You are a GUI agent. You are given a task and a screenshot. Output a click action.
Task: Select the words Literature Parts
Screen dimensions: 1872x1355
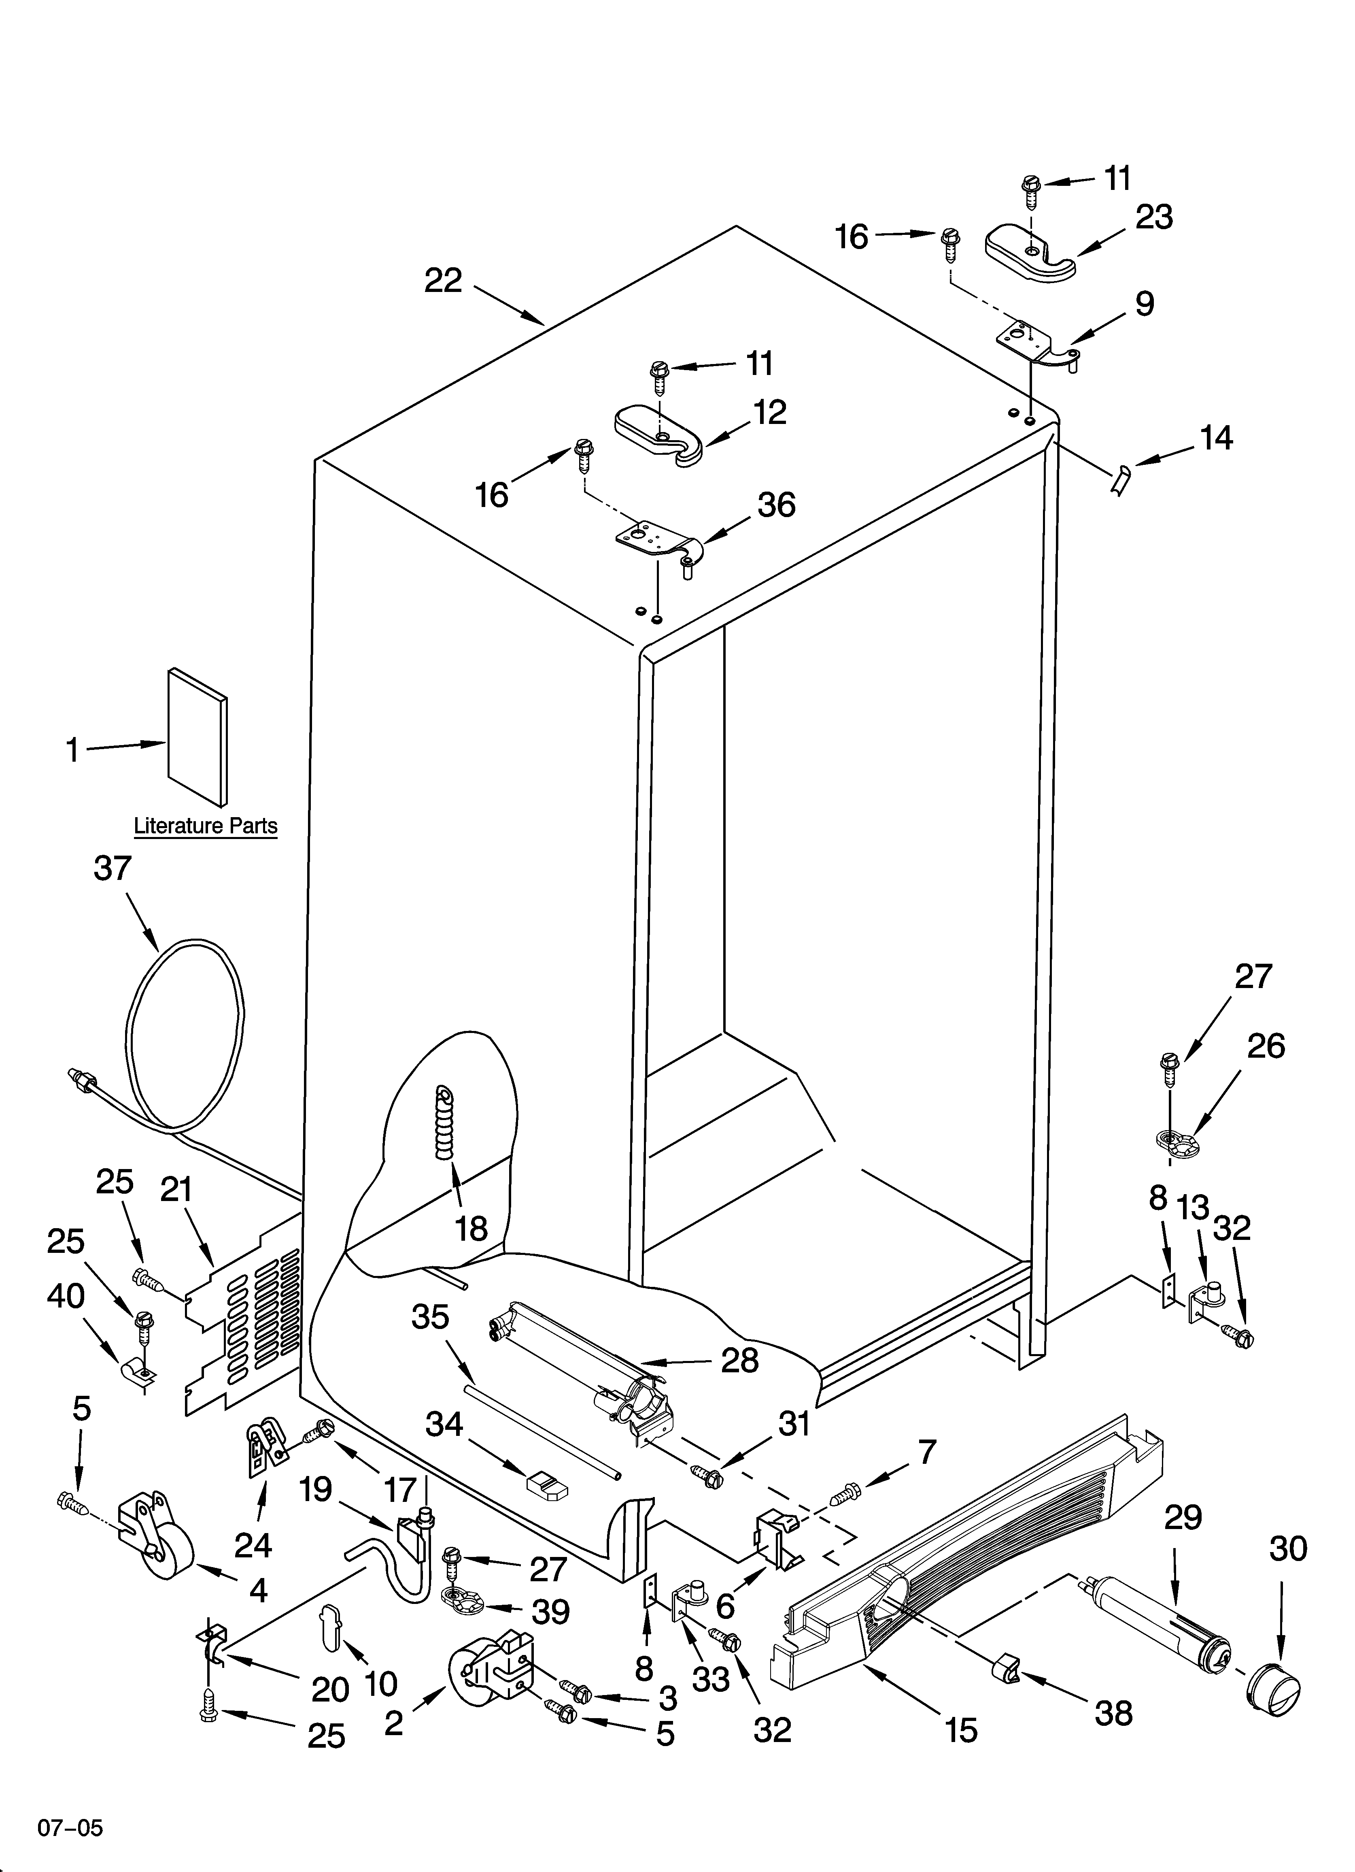coord(206,825)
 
